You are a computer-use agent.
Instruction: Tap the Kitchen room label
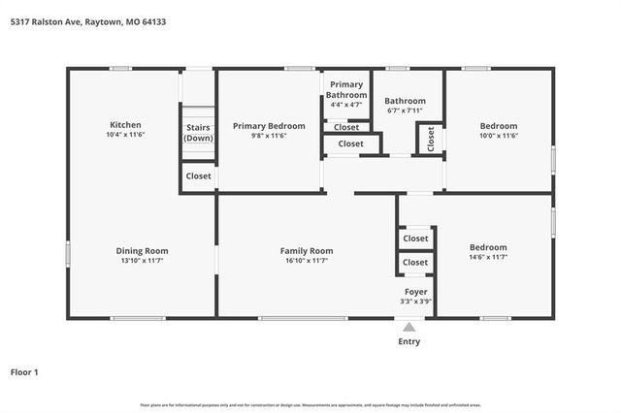[125, 125]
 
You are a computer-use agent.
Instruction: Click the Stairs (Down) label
[199, 133]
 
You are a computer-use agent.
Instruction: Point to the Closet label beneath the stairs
[199, 176]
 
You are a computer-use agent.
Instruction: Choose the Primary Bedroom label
[269, 126]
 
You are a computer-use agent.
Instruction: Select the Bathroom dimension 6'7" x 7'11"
[405, 111]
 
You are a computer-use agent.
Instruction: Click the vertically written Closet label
[430, 139]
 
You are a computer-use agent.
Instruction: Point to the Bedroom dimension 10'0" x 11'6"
[499, 136]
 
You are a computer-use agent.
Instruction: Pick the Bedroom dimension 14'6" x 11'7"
[488, 258]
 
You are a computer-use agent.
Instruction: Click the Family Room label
[307, 251]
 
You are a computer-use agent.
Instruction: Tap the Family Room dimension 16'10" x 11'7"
[307, 261]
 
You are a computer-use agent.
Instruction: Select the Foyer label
[415, 291]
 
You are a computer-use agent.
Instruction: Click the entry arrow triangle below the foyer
[409, 327]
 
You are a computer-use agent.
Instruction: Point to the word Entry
[409, 341]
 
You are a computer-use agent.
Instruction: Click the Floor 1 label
[24, 371]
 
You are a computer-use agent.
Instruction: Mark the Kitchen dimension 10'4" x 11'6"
[125, 135]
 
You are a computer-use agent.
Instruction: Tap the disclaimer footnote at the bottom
[310, 404]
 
